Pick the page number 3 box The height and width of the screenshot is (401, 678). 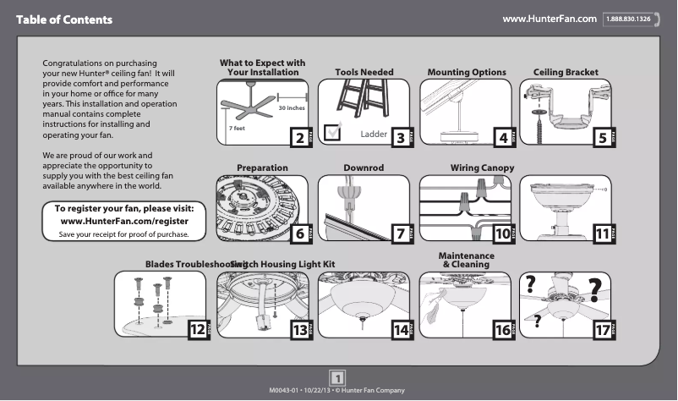click(401, 137)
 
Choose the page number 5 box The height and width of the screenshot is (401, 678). click(602, 137)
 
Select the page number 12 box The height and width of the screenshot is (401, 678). click(196, 330)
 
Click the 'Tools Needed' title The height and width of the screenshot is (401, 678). click(364, 73)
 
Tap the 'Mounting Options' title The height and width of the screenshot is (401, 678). click(467, 73)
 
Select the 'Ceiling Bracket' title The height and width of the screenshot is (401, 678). click(566, 73)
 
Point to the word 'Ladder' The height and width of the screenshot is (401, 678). click(373, 135)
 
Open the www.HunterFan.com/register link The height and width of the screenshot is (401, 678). click(123, 221)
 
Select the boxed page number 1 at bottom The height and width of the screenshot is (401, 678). click(337, 376)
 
